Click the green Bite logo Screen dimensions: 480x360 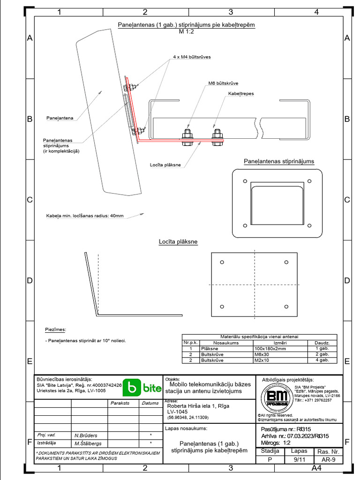(142, 388)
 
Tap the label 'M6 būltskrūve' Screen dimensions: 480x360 (224, 83)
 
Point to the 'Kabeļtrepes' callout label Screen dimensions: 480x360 (241, 94)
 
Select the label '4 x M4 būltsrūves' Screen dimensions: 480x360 (192, 57)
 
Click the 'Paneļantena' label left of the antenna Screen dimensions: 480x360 (60, 119)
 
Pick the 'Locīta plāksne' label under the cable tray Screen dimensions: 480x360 (165, 165)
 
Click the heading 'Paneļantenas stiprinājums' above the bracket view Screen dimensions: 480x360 (279, 161)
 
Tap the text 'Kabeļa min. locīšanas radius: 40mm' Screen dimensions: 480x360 (85, 216)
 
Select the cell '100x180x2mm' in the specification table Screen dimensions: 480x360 (270, 349)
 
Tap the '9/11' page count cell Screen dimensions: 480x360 (299, 460)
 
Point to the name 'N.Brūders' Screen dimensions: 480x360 (86, 435)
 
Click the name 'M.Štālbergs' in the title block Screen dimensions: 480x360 (89, 443)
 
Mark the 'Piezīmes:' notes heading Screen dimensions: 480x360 (56, 330)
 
